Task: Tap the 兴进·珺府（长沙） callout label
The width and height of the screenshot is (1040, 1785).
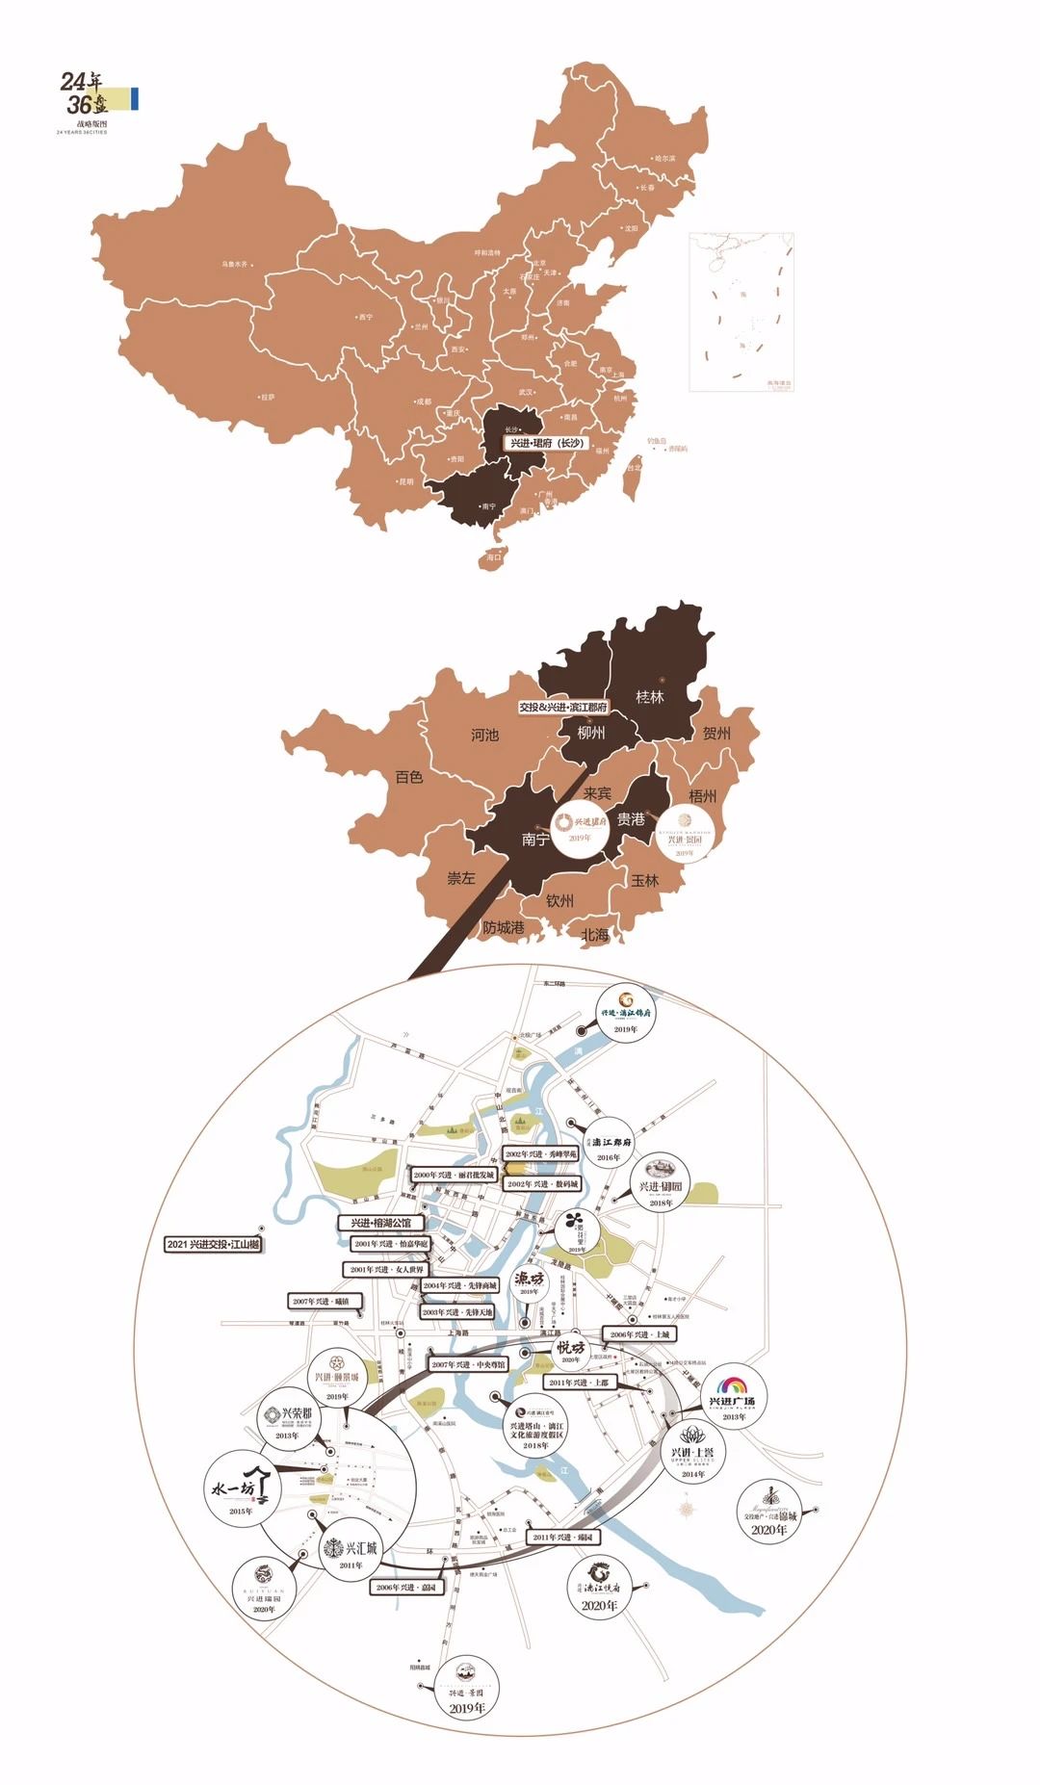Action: [547, 443]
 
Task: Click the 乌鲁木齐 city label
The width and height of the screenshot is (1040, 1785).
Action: [234, 264]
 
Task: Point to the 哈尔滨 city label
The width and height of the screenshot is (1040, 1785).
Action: [664, 158]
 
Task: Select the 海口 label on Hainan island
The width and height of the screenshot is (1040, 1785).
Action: [494, 556]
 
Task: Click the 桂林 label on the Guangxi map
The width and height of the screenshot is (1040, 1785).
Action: [650, 696]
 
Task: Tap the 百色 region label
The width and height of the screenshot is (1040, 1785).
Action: [409, 776]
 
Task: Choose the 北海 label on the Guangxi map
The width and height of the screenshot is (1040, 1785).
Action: [595, 934]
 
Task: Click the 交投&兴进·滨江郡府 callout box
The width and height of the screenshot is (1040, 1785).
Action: [563, 707]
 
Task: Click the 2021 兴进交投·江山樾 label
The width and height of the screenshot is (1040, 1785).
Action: [213, 1244]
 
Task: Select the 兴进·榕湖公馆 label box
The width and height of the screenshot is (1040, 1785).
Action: [380, 1222]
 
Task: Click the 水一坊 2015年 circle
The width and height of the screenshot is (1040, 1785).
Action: [243, 1488]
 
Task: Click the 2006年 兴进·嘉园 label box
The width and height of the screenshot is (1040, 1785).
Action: [406, 1588]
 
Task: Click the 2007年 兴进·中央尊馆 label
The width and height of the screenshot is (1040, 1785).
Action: [468, 1364]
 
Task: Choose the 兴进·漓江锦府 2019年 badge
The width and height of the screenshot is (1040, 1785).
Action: [626, 1014]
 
